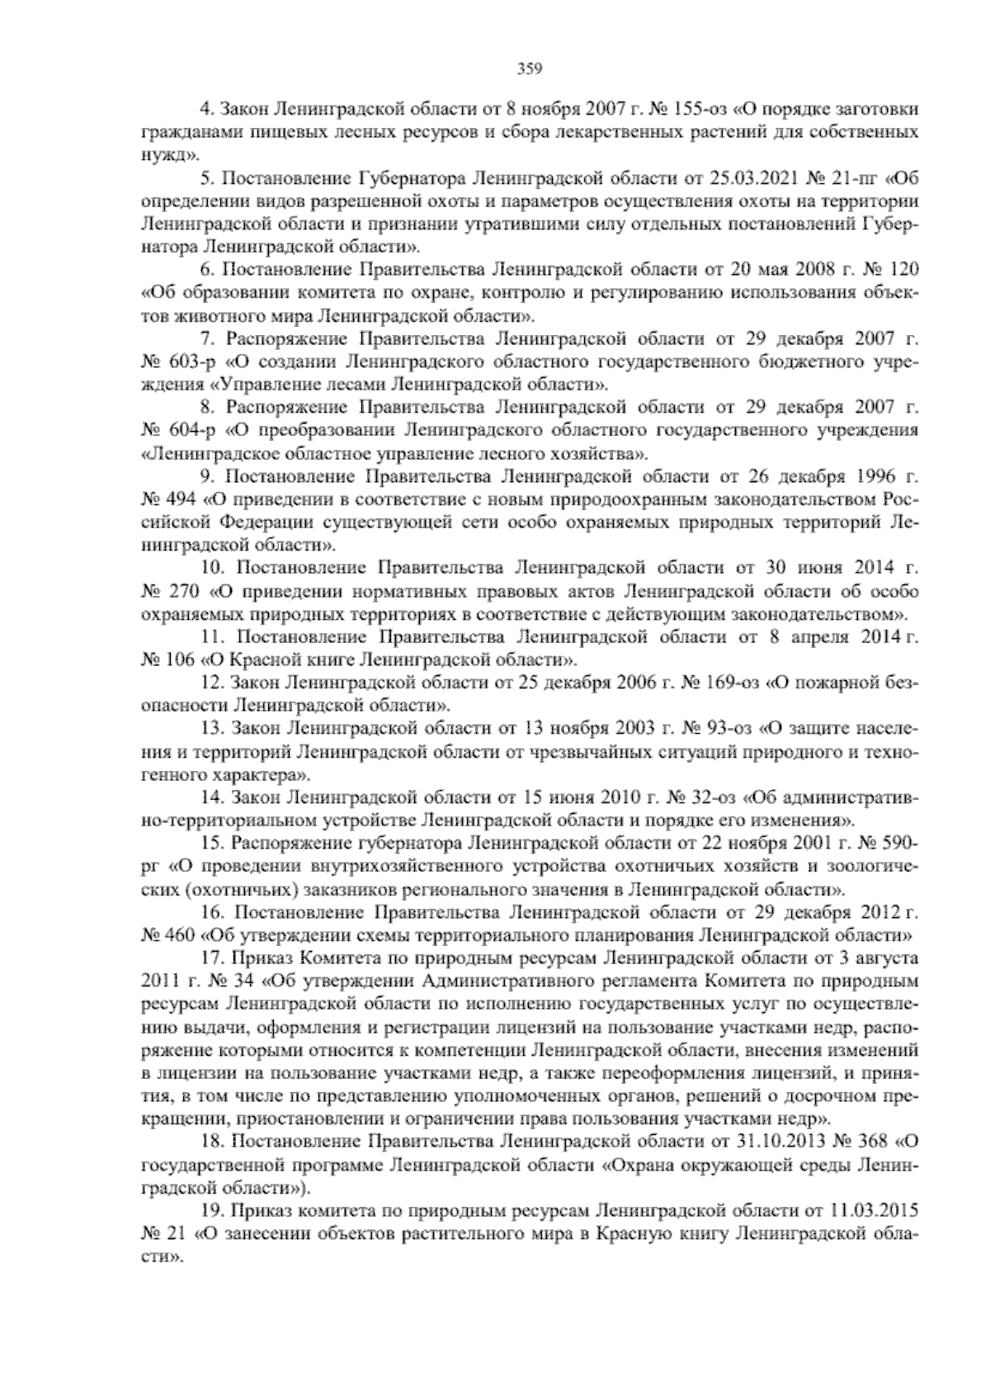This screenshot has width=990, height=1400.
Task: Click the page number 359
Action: (x=528, y=69)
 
